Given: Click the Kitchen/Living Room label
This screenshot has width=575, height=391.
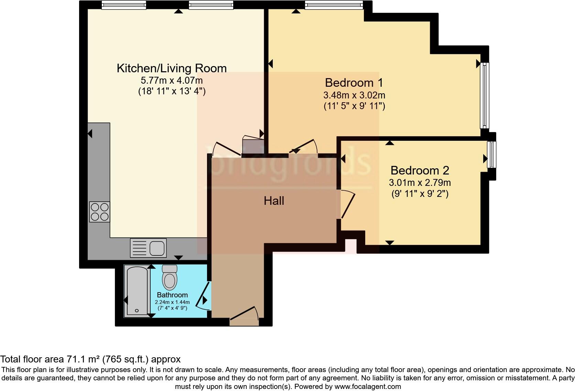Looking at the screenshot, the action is pos(172,68).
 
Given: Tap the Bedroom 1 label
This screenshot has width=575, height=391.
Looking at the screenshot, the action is pos(354,83).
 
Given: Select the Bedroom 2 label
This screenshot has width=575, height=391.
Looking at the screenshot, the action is pos(420,170).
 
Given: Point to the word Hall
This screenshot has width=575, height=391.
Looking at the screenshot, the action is pos(274,201).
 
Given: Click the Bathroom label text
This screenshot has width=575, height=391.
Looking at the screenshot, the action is pos(172,295).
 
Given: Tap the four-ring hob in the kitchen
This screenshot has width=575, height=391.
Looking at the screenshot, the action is pos(100,212).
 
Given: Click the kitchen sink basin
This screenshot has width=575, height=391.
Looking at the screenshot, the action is pos(157,248).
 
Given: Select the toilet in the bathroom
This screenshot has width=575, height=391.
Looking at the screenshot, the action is pos(170,277).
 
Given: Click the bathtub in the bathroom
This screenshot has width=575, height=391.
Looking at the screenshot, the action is pos(137,291).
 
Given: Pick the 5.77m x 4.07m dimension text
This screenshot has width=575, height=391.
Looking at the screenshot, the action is pos(172,81).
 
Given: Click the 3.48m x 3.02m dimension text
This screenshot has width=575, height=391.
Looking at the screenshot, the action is pos(354,95).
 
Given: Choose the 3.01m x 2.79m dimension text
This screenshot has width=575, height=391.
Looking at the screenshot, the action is pos(420,183).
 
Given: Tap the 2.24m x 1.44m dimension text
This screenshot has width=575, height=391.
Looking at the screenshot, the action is pos(172,302).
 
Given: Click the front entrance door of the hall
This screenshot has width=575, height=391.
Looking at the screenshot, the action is pos(244,314).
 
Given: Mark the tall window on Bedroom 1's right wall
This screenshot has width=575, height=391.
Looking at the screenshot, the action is pos(485,95).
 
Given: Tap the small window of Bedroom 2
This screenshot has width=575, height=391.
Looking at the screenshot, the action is pos(491,155).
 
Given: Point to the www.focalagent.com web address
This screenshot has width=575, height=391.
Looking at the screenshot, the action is pos(368,387).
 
